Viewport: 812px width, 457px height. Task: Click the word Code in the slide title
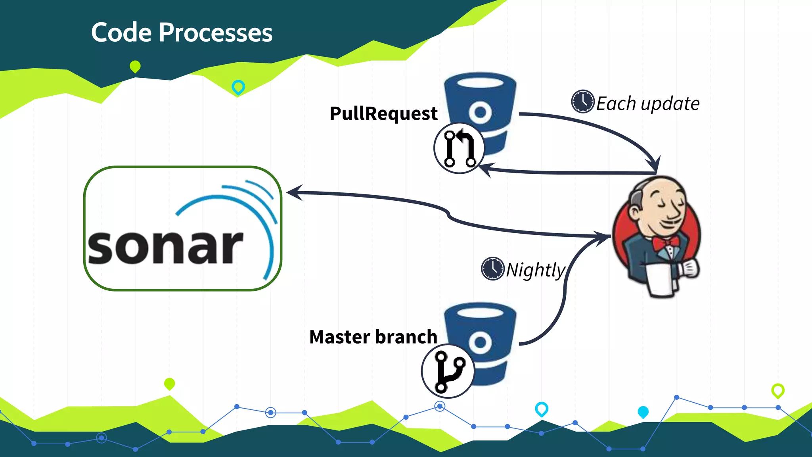click(x=121, y=33)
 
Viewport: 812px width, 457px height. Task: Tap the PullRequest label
click(x=383, y=113)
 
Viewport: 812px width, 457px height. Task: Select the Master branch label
click(x=373, y=337)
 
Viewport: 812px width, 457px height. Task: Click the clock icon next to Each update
click(x=582, y=102)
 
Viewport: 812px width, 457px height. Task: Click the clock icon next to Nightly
click(x=492, y=269)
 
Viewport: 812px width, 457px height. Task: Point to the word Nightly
click(x=536, y=270)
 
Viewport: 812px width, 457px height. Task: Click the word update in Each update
click(x=670, y=104)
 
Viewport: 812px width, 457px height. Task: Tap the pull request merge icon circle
click(x=459, y=148)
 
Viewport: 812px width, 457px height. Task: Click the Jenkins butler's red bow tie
click(x=665, y=242)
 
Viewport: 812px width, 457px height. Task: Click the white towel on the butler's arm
click(x=660, y=280)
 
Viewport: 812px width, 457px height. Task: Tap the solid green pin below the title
click(x=135, y=67)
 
